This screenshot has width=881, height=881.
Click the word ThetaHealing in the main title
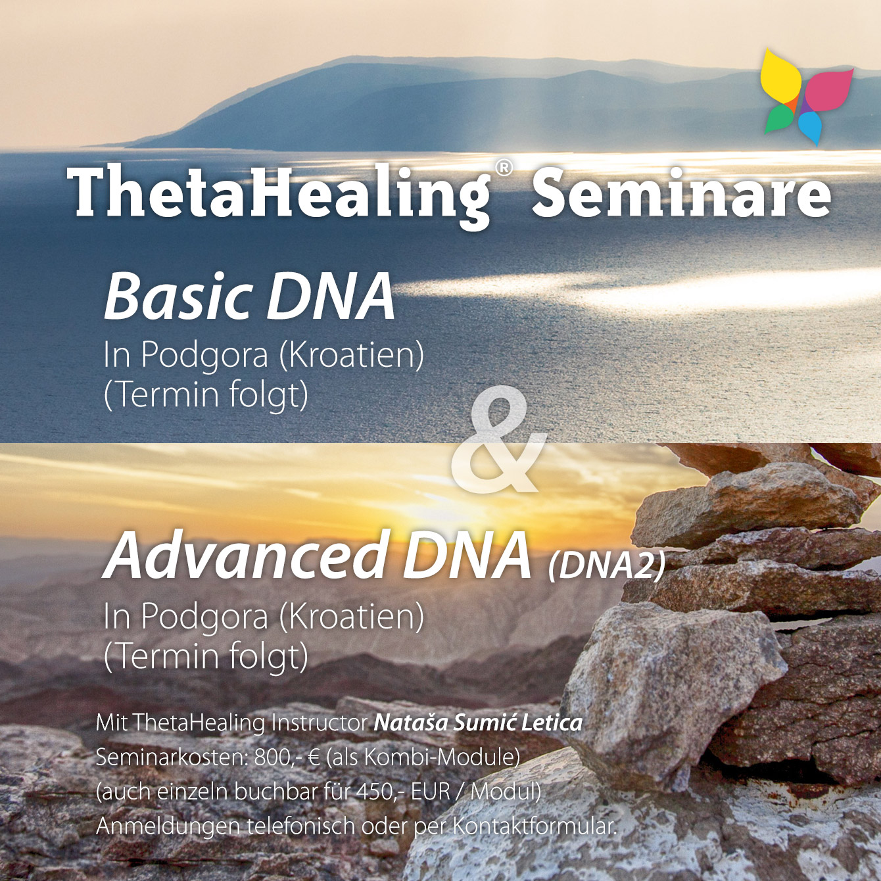tap(279, 195)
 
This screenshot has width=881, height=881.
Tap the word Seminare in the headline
tap(682, 191)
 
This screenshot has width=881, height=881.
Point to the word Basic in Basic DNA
tap(178, 297)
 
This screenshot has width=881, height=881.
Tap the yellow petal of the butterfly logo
tap(780, 76)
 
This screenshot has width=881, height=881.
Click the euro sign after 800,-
tap(313, 758)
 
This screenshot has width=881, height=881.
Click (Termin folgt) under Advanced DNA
tap(206, 657)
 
